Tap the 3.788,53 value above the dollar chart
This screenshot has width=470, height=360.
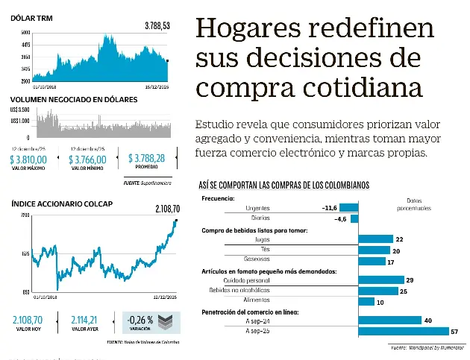[x=157, y=25]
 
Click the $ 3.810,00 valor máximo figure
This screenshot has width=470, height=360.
[x=28, y=159]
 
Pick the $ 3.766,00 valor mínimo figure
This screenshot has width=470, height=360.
[x=87, y=159]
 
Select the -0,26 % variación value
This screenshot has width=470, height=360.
[x=140, y=320]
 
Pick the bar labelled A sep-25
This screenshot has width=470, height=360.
[x=404, y=331]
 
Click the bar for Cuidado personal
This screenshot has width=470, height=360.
[x=381, y=280]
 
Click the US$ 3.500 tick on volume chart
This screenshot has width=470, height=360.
[x=20, y=110]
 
